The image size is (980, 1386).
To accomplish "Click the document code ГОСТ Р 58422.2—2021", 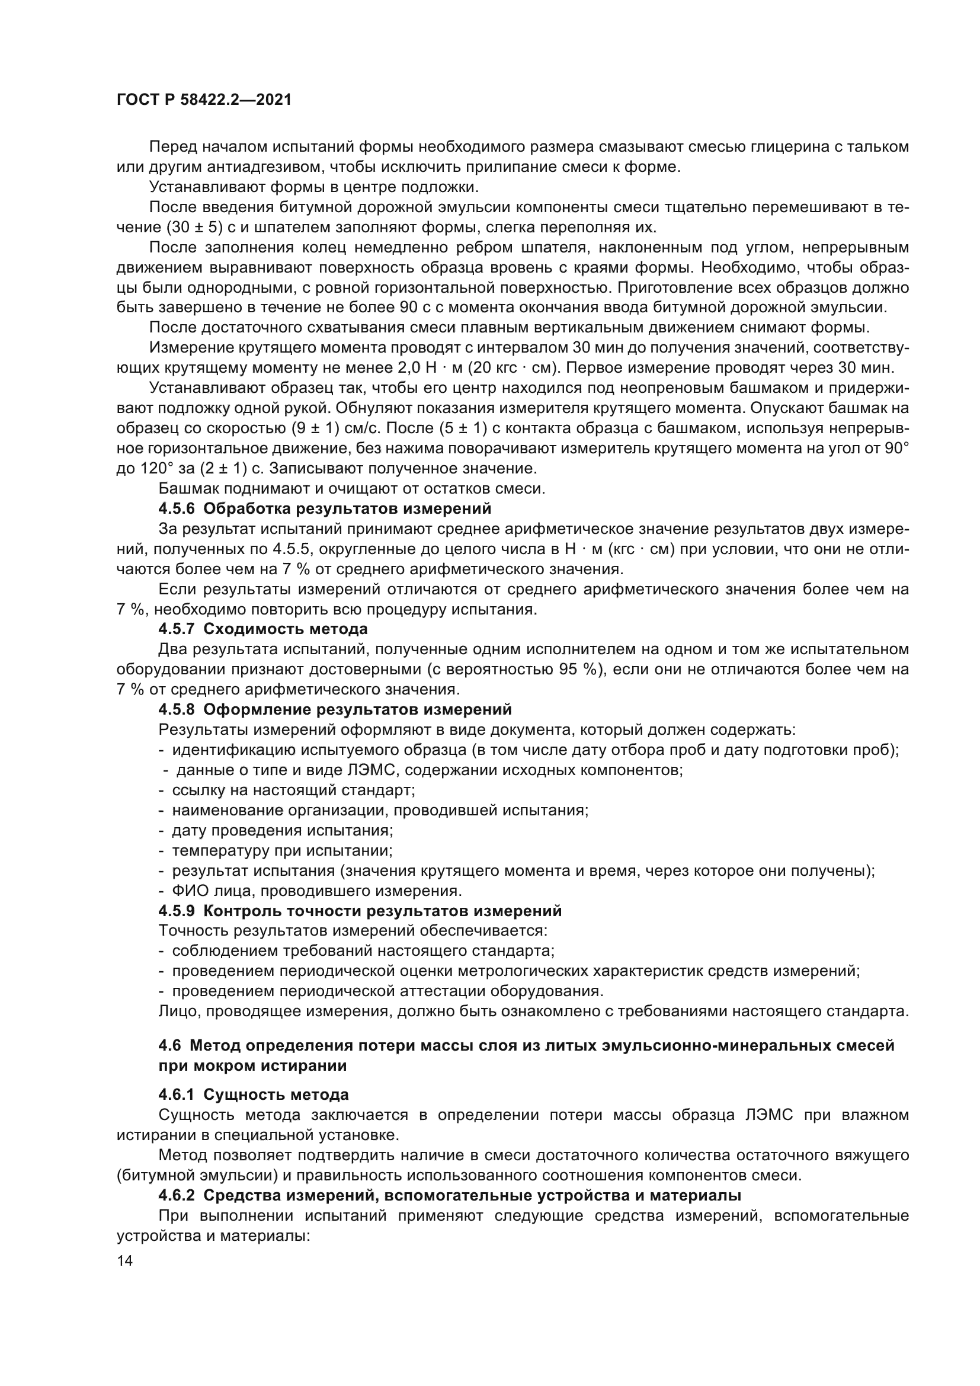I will coord(204,100).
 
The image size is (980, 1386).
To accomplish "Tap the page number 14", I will coord(125,1261).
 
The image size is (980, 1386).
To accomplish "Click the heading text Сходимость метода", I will coord(286,629).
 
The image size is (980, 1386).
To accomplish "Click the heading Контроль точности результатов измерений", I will coord(382,910).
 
